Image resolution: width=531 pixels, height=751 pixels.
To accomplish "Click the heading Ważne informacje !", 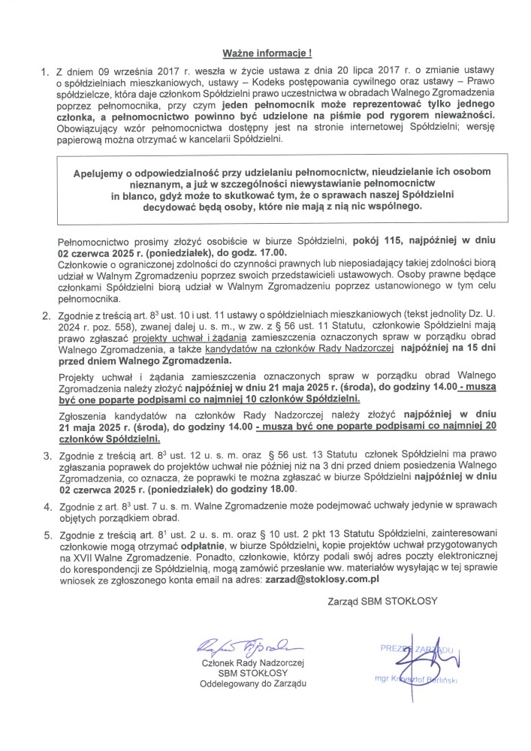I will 267,54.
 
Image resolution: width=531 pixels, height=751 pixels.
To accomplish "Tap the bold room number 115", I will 381,243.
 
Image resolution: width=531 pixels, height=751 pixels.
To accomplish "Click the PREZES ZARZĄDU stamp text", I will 415,647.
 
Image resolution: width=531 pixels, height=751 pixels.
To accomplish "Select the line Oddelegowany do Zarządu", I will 252,684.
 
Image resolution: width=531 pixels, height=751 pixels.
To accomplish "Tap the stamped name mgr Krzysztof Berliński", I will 415,679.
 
